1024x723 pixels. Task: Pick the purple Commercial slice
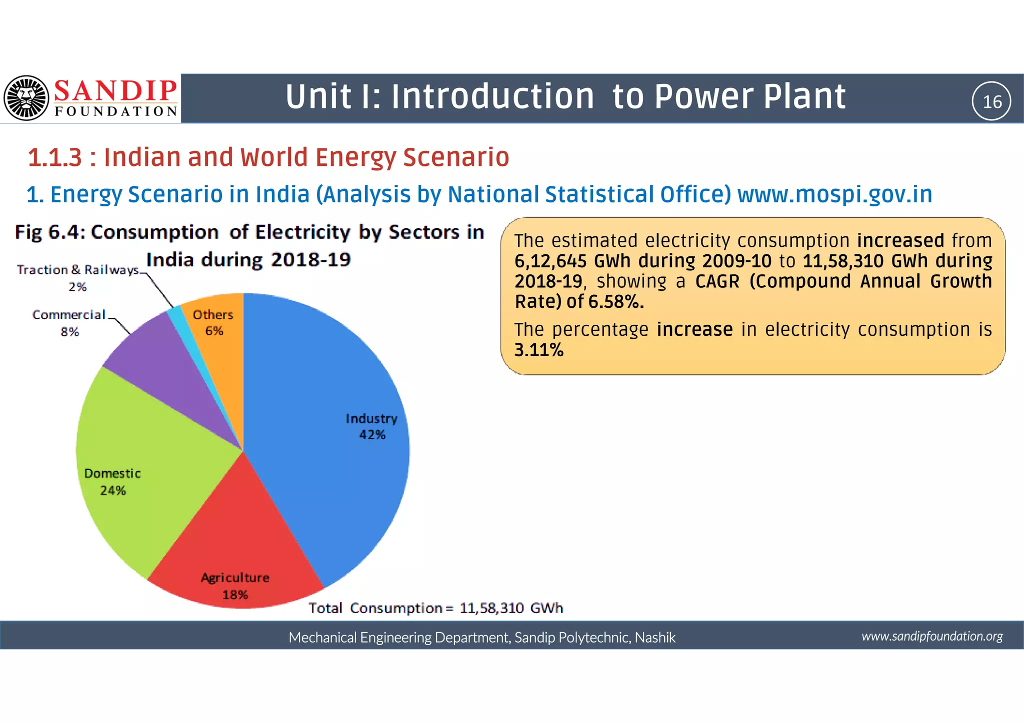(x=165, y=360)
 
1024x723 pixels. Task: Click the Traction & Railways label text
(x=77, y=270)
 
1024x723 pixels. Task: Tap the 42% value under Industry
(x=372, y=435)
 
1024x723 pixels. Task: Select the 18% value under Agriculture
(x=235, y=595)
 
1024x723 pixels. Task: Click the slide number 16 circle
(x=991, y=101)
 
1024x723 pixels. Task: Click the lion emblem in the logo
(x=26, y=98)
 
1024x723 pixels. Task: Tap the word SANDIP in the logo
(x=115, y=91)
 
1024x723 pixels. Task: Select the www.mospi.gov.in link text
(x=834, y=194)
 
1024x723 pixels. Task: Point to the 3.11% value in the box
(x=538, y=350)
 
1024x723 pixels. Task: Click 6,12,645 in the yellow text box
(x=550, y=261)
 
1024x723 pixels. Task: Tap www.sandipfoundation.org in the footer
(x=932, y=636)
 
